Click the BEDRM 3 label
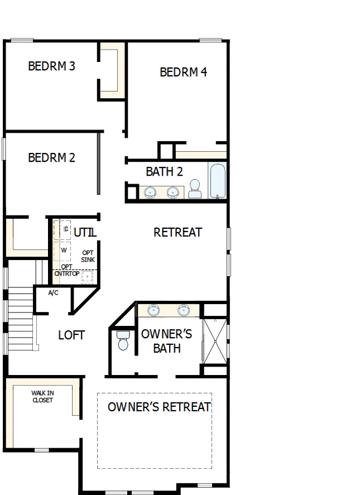51,66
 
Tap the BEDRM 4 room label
183,72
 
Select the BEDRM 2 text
51,158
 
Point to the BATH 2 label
164,171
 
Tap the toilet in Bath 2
195,188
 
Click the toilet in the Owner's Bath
123,340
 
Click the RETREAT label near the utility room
177,232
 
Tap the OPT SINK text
88,256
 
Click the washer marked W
64,250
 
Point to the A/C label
54,292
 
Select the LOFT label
71,335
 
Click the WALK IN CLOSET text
43,396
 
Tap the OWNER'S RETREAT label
159,407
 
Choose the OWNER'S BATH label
166,341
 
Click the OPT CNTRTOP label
66,270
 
